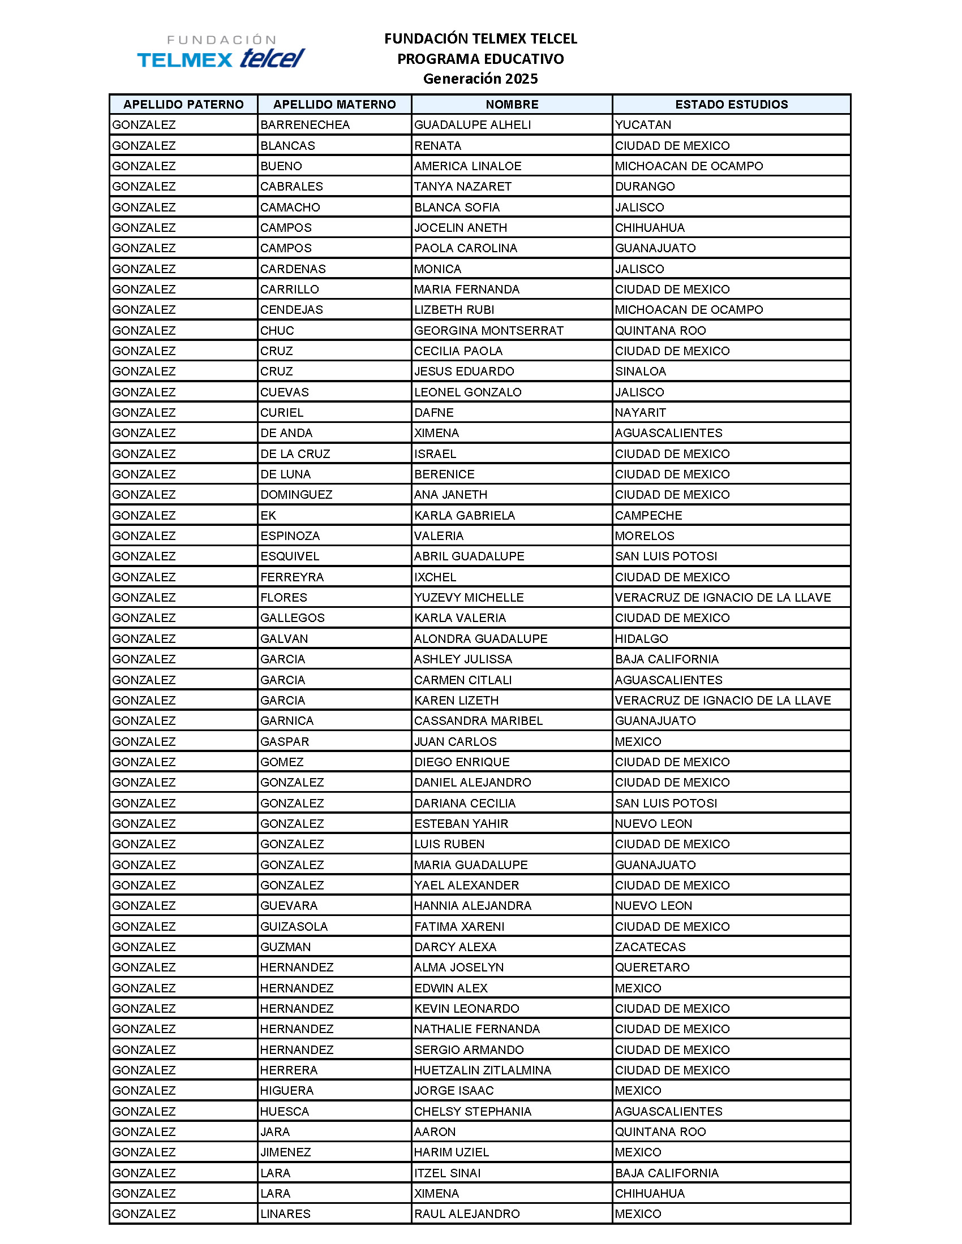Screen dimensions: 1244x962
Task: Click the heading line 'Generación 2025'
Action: tap(480, 79)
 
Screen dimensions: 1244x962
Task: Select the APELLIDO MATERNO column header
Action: tap(334, 104)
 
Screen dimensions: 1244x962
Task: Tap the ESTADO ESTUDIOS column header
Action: tap(731, 104)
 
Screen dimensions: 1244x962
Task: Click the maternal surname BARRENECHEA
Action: tap(305, 125)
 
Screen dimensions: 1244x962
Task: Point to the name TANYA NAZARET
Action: tap(462, 186)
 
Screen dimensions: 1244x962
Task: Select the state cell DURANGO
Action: tap(645, 186)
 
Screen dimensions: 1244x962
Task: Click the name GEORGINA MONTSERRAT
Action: tap(488, 330)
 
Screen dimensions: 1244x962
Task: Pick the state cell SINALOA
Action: tap(640, 372)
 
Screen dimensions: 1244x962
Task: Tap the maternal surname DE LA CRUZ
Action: tap(295, 453)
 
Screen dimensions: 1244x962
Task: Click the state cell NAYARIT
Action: tap(640, 412)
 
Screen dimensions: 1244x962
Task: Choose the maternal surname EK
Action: tap(268, 516)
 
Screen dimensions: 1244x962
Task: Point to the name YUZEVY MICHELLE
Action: tap(469, 598)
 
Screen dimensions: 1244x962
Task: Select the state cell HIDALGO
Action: tap(641, 638)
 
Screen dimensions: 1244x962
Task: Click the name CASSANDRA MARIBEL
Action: tap(478, 720)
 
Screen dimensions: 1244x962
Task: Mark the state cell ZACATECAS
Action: tap(650, 947)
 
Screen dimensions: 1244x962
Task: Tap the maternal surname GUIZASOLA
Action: tap(294, 926)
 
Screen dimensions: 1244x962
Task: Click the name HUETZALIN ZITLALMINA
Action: tap(482, 1070)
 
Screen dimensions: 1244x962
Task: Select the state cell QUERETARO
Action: tap(652, 967)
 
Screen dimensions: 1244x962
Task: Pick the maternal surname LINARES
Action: tap(286, 1214)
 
